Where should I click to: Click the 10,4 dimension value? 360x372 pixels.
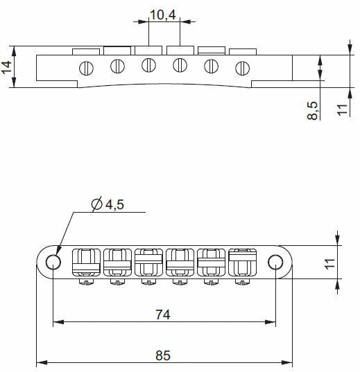[163, 15]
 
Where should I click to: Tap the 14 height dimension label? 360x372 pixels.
[6, 67]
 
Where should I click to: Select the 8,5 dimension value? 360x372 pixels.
[312, 110]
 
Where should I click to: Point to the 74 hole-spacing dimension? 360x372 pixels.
[163, 315]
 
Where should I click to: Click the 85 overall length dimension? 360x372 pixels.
[163, 355]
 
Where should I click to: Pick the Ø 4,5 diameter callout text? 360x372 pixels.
[108, 204]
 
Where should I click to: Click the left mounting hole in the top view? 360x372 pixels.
[53, 262]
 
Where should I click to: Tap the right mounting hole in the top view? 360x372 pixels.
[275, 262]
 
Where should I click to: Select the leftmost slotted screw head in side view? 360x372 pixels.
[86, 69]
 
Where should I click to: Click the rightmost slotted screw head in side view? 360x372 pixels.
[242, 69]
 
